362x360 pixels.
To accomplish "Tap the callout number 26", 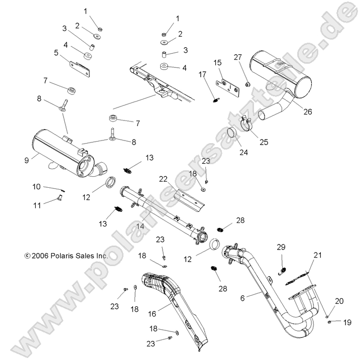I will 293,111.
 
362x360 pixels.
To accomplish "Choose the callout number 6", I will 243,297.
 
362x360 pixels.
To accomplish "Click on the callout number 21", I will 317,256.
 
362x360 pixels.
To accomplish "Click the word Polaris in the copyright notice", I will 62,255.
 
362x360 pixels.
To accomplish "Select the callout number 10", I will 37,186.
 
